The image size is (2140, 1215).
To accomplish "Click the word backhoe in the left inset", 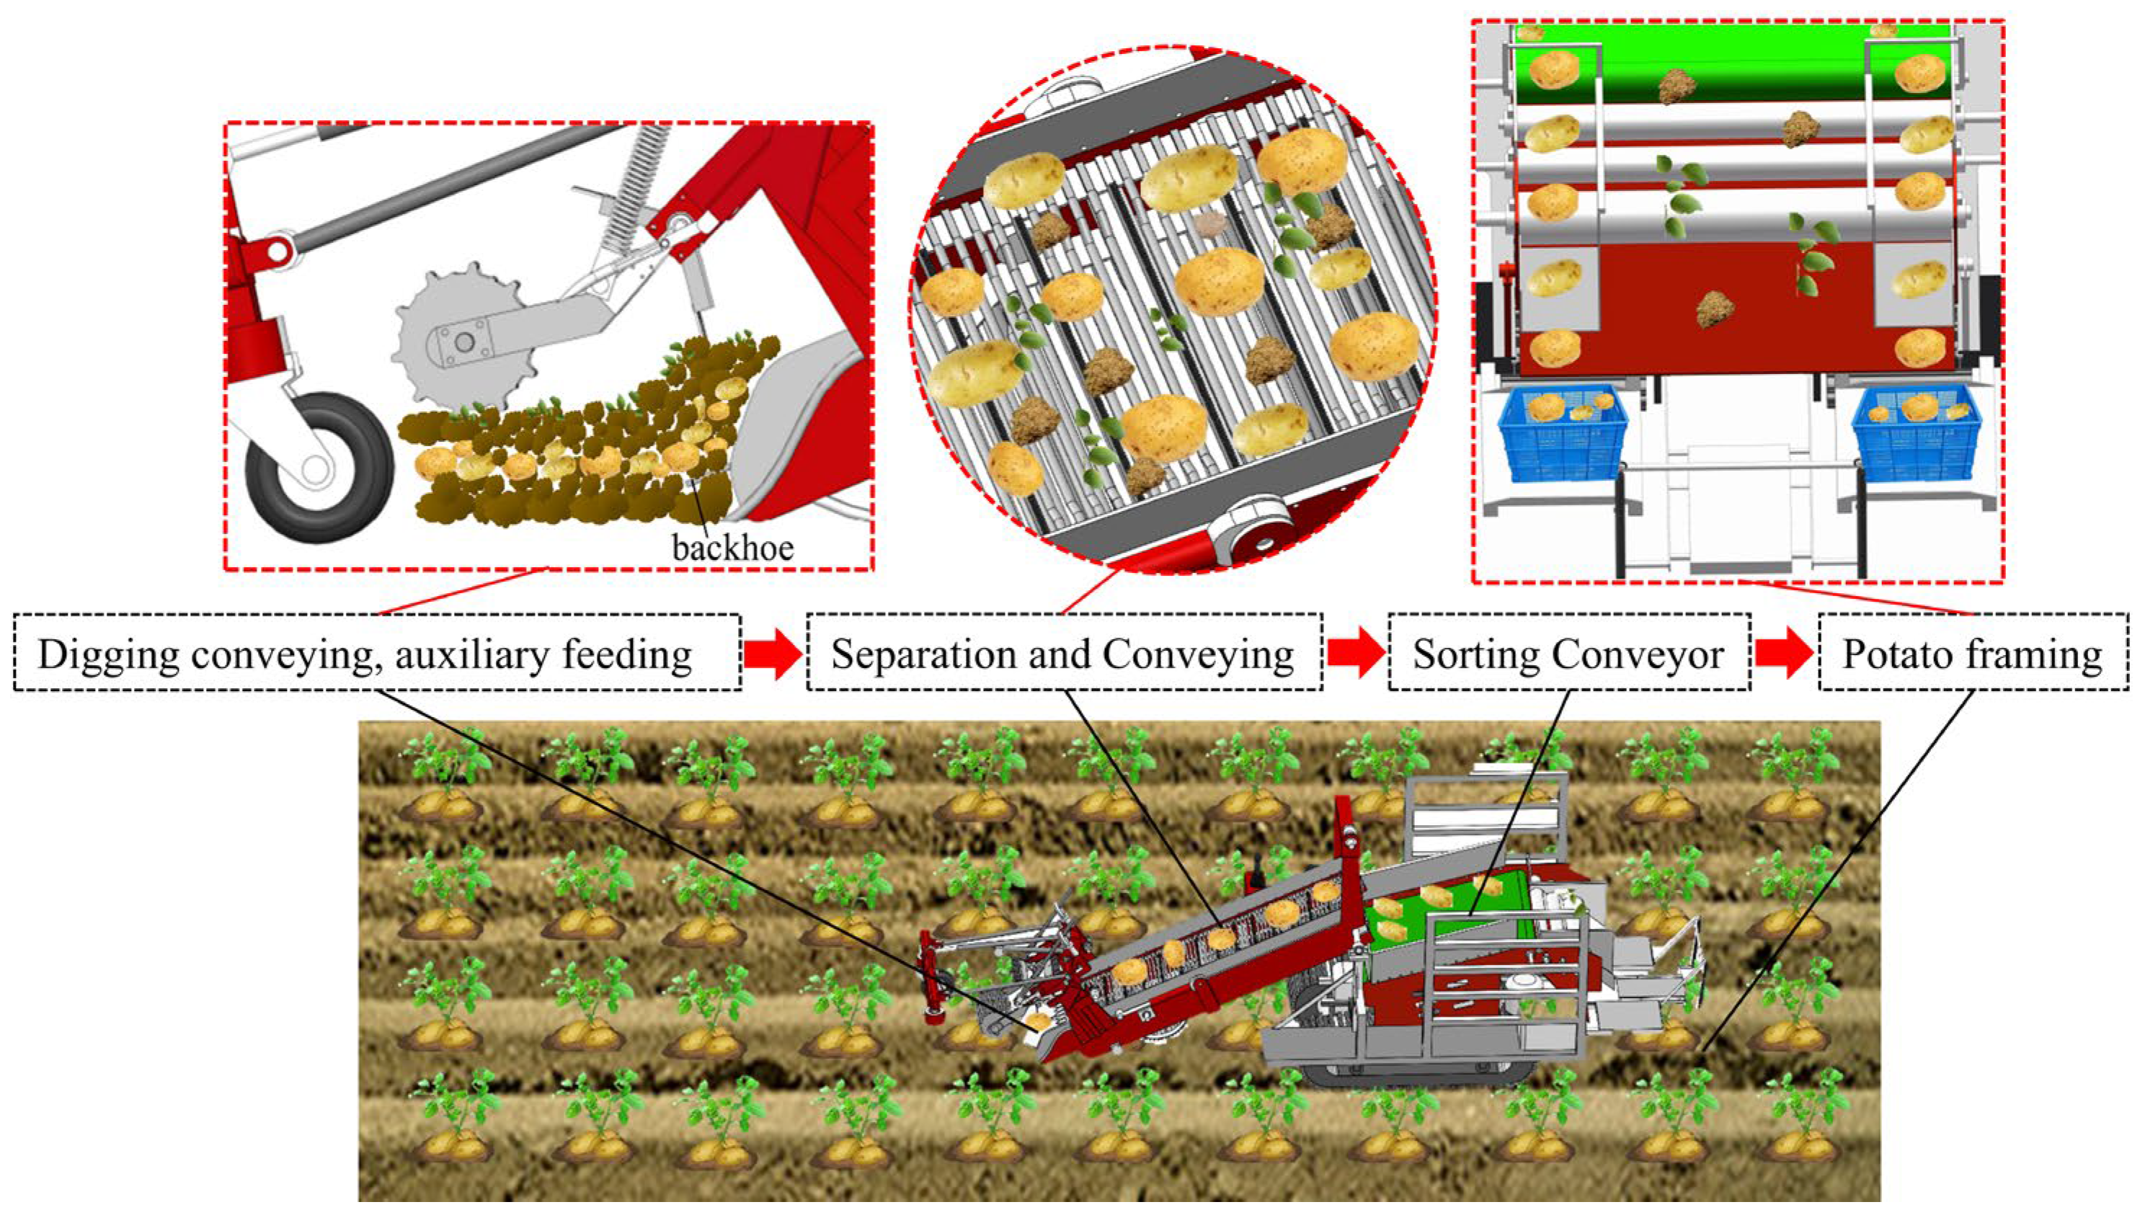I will click(733, 548).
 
